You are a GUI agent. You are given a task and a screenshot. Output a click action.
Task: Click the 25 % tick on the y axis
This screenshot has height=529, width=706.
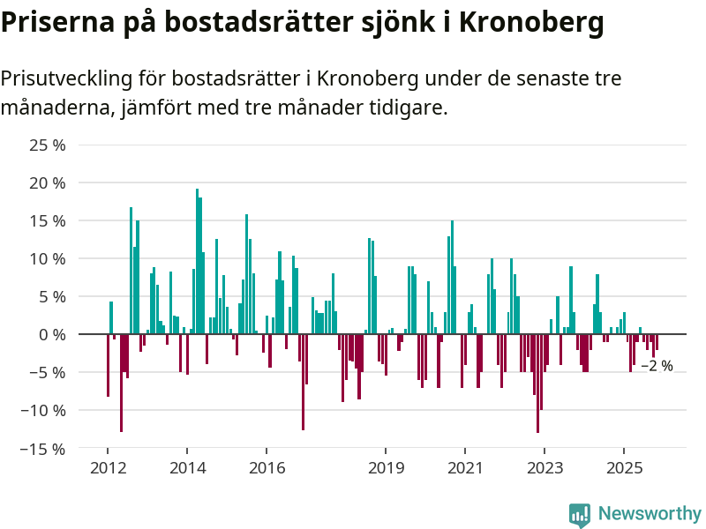tap(47, 145)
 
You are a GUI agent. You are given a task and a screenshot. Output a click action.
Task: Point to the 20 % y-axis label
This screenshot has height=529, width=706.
tap(47, 183)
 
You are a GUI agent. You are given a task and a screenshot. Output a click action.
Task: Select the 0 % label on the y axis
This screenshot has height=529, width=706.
tap(51, 335)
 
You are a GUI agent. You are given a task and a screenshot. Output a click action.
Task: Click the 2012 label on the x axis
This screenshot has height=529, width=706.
tap(107, 467)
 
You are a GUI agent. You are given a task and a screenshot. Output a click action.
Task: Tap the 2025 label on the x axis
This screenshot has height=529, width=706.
tap(624, 467)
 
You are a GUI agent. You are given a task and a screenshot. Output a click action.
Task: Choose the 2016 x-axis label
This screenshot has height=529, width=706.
tap(267, 467)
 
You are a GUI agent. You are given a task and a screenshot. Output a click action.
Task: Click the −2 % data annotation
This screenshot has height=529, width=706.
tap(657, 366)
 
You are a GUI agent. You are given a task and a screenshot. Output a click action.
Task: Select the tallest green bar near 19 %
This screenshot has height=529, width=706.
tap(197, 261)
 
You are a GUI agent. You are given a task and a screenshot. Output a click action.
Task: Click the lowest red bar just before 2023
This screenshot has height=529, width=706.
tap(537, 384)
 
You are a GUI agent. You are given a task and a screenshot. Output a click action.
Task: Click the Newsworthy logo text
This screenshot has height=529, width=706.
tap(650, 513)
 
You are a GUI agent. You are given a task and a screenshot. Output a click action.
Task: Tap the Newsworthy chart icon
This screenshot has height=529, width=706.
tap(580, 515)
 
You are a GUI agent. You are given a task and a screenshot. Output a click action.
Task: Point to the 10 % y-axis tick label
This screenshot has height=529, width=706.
tap(47, 259)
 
